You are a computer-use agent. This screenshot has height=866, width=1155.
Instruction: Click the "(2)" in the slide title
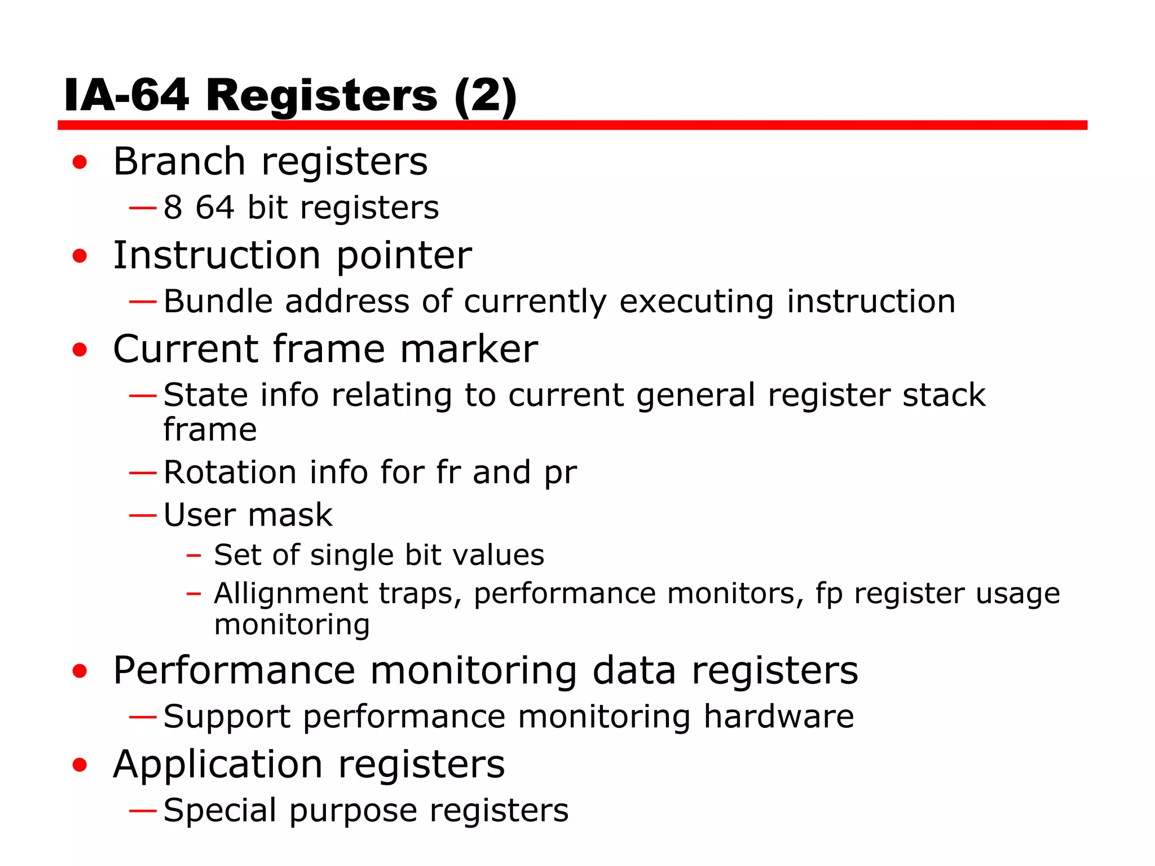point(485,96)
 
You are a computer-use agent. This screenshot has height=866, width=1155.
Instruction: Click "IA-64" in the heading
point(126,96)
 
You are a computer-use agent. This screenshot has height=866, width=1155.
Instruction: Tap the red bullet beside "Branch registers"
point(80,162)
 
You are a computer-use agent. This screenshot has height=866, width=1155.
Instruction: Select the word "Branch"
point(179,162)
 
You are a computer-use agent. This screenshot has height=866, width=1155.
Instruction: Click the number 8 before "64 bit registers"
point(173,207)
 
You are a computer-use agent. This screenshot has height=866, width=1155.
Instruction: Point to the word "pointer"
point(404,257)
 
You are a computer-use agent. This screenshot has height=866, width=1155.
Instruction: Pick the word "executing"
point(696,302)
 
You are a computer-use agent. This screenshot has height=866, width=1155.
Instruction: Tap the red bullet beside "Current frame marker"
point(80,350)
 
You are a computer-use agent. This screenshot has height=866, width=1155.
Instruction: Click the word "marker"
point(469,350)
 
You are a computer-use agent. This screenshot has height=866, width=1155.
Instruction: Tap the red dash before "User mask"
point(142,515)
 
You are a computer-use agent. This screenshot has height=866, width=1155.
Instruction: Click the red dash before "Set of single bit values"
point(193,555)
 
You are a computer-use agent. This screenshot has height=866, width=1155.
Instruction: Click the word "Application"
point(218,765)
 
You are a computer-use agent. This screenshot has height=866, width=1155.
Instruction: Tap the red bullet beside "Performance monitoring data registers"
point(80,671)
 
